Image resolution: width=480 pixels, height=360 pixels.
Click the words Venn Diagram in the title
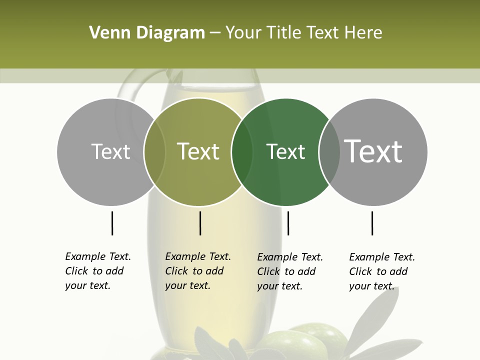click(147, 33)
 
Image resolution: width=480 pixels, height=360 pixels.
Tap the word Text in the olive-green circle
click(198, 151)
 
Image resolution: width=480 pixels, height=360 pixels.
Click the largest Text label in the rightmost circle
click(373, 151)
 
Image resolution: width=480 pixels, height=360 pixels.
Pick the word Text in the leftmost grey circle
click(110, 151)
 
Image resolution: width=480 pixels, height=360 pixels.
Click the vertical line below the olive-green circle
click(200, 223)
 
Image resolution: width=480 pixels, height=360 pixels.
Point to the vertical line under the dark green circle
click(288, 223)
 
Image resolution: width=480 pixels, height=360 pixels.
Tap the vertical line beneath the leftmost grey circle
click(112, 223)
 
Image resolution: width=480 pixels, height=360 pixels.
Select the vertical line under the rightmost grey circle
click(372, 223)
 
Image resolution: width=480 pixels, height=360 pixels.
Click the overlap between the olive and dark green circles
click(242, 152)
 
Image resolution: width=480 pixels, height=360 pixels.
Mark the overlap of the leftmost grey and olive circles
click(154, 152)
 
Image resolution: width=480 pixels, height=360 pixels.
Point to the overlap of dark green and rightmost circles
click(329, 152)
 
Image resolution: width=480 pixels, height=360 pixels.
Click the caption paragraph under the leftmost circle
click(98, 271)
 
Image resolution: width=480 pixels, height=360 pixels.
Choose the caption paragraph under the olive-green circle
click(198, 271)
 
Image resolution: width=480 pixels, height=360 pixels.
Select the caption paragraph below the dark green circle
click(290, 271)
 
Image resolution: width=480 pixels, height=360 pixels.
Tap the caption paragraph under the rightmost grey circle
click(382, 271)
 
